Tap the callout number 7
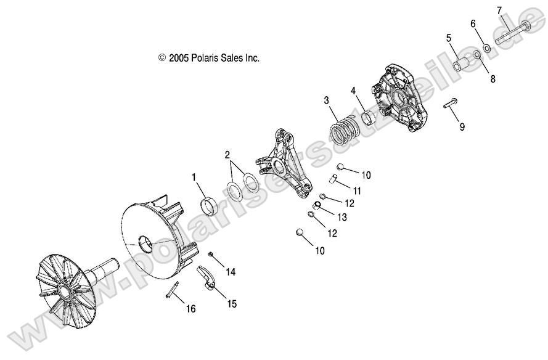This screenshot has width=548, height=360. point(499,10)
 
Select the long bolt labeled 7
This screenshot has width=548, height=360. point(512,33)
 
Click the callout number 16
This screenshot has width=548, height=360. point(191,309)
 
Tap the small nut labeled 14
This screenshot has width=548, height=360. point(211,254)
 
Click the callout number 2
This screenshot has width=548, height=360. point(227,155)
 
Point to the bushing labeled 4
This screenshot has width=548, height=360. point(369,117)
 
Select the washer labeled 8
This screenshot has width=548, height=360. point(476,55)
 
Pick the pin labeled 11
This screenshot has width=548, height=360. point(333,178)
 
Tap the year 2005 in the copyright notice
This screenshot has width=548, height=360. point(179,58)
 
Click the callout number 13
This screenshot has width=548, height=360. point(341,217)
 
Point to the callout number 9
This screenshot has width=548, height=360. point(462,126)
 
